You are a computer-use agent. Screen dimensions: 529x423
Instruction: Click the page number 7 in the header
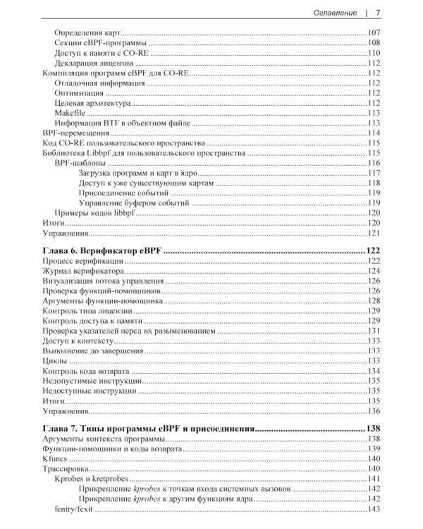(x=378, y=12)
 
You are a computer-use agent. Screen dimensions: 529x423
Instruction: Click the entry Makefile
(x=70, y=112)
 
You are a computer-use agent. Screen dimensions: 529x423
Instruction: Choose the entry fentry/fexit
(x=73, y=509)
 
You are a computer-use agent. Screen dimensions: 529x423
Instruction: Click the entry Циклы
(x=56, y=360)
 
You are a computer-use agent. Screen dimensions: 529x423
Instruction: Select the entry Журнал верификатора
(x=84, y=271)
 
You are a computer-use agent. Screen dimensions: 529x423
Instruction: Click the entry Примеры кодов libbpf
(x=99, y=212)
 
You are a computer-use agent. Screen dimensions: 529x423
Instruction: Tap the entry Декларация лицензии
(x=96, y=63)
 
